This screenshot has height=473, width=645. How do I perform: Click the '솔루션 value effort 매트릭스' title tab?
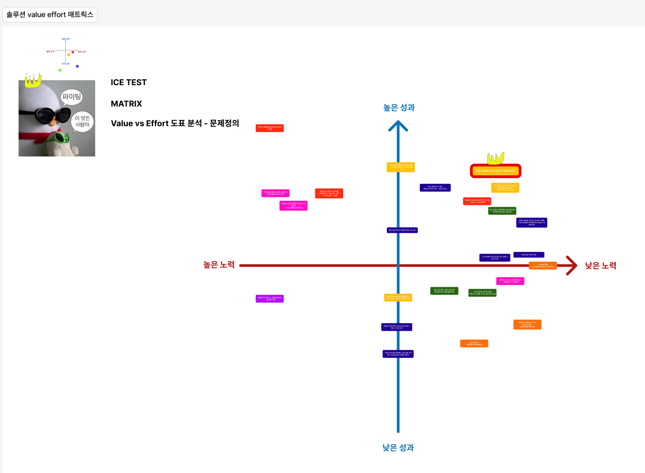(x=50, y=15)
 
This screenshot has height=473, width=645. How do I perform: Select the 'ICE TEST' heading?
(x=129, y=83)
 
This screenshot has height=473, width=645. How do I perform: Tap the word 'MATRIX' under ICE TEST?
(x=126, y=104)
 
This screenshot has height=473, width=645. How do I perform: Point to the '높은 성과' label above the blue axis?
(x=399, y=108)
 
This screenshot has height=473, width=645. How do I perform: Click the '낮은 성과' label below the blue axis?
(x=398, y=448)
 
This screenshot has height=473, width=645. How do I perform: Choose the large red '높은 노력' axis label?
(x=219, y=265)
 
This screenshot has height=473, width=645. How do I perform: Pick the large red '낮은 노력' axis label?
(x=600, y=266)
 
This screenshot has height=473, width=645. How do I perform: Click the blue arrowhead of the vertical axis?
(x=398, y=126)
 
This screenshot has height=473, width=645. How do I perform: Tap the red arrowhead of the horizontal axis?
(x=572, y=266)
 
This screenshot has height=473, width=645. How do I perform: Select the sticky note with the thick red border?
(x=495, y=171)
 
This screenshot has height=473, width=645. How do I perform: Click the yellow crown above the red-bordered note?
(x=495, y=158)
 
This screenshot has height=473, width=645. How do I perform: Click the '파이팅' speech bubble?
(x=72, y=97)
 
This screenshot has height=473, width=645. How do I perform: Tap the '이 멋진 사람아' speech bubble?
(x=82, y=122)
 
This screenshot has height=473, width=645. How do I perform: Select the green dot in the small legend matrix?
(x=60, y=70)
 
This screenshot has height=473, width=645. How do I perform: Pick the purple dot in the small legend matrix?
(x=77, y=66)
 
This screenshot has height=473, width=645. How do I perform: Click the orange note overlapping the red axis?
(x=543, y=266)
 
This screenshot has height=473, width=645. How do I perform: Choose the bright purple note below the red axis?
(x=270, y=299)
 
